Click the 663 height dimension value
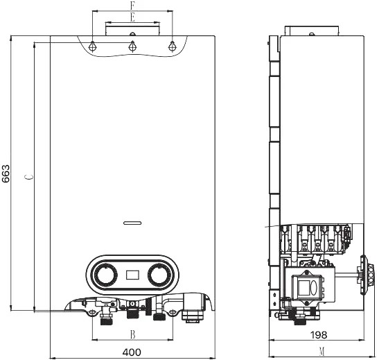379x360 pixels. point(6,173)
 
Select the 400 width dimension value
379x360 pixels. point(132,352)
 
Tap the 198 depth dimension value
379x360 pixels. point(319,335)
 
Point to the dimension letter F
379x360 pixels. point(132,6)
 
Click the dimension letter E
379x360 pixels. point(132,17)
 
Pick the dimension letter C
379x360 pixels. point(30,177)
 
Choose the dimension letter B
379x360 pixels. point(132,335)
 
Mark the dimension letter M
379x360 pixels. point(321,352)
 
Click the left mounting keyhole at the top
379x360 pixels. point(92,46)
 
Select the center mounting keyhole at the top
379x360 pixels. point(132,46)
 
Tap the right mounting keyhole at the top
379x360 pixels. point(172,46)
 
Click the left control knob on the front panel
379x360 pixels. point(105,275)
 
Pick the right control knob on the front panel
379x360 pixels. point(159,275)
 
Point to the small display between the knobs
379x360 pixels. point(132,275)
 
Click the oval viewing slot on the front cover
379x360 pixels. point(132,223)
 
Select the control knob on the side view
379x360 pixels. point(367,275)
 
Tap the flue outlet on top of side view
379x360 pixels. point(312,31)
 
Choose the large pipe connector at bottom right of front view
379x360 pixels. point(193,309)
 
